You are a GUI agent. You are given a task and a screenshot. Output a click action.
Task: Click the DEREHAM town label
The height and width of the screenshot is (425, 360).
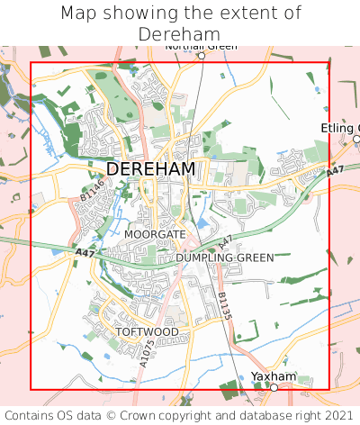pos(150,169)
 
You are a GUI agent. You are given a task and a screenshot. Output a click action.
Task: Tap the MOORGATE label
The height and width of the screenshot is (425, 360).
pos(155,234)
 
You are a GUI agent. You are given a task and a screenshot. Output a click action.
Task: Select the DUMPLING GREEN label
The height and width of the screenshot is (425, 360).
pos(224,258)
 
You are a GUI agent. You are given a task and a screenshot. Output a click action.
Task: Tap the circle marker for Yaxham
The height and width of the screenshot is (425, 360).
pos(274,387)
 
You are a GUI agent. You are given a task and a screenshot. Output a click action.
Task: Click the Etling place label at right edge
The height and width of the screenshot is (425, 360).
pos(340,128)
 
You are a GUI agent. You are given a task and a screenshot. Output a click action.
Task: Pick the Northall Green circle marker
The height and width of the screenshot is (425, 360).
pos(202,56)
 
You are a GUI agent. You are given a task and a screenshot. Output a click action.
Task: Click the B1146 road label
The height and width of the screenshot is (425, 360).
pos(92,189)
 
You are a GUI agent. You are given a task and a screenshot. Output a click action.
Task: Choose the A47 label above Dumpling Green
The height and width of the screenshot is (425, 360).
pos(225,241)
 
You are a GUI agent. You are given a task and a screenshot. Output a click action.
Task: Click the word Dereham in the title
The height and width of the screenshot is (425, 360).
pos(180,34)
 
